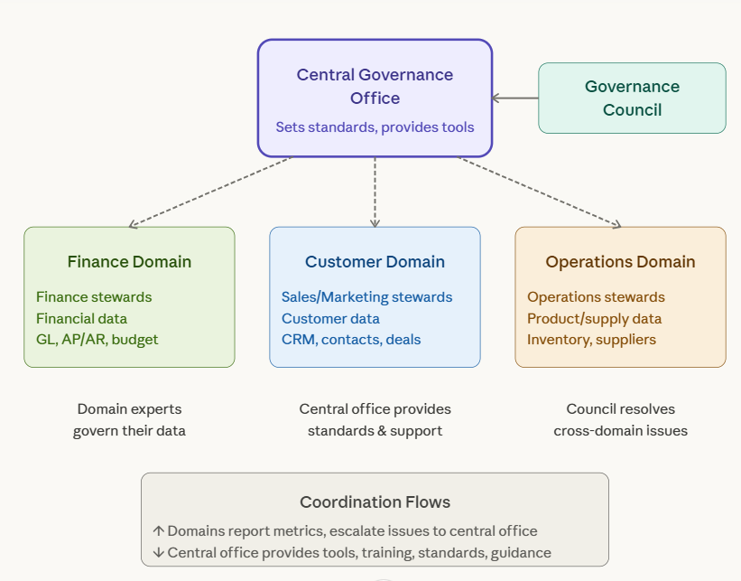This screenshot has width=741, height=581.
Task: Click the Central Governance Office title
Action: coord(375,86)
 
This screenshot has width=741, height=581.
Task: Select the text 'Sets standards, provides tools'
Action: coord(375,127)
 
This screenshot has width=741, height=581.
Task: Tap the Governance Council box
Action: coord(632,98)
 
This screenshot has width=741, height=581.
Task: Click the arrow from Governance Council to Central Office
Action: coord(514,98)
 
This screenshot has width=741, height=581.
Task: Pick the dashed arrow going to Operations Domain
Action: coord(540,192)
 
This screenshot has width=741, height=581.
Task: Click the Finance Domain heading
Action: coord(129,262)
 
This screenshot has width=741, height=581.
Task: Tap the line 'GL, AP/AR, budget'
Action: coord(97,340)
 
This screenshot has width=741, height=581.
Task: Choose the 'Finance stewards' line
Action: coord(94,297)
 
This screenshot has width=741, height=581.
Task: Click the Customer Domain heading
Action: coord(375,262)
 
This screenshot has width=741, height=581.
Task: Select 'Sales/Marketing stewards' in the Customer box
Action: coord(366,297)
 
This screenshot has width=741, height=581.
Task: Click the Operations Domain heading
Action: coord(620,262)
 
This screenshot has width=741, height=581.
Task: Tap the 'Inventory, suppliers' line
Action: coord(591,340)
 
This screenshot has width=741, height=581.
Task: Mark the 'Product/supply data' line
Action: coord(594,319)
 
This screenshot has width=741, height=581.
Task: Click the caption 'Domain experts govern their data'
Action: coord(129,420)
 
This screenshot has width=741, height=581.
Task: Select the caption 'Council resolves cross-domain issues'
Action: coord(620,420)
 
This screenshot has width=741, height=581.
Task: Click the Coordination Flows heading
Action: coord(375,501)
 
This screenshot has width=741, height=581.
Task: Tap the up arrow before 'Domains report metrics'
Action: coord(158,531)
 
